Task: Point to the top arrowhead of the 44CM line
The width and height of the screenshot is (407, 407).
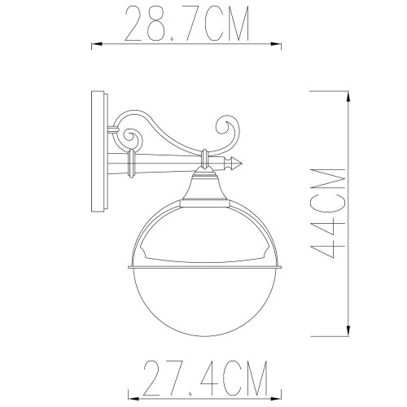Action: (x=348, y=96)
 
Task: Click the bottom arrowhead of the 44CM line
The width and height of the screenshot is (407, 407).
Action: (x=348, y=332)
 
